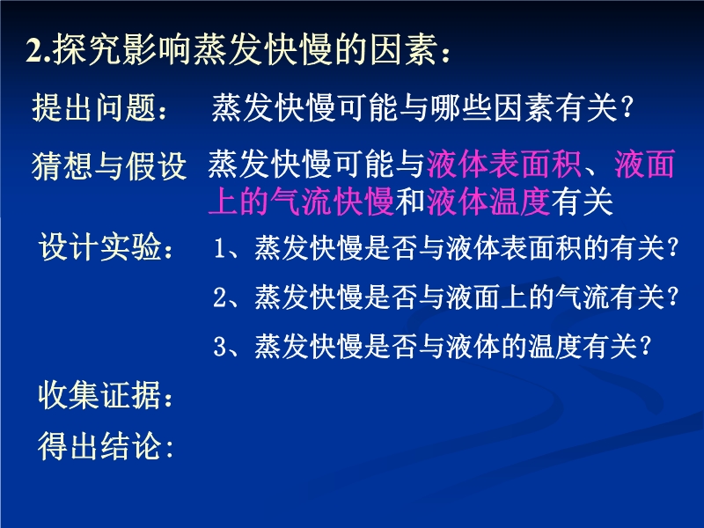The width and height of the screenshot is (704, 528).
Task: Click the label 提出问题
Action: coord(93,107)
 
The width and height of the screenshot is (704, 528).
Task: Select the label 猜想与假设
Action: coord(109,166)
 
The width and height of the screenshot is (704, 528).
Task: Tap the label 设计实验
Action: coord(99,246)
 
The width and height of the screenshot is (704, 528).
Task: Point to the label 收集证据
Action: coord(99,395)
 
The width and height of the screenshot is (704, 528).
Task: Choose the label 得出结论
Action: coord(99,446)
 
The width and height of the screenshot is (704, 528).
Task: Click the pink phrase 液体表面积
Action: coord(503,164)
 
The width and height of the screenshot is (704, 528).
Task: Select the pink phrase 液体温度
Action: coord(488,202)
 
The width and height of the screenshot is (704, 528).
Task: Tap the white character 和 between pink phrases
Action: coord(410,202)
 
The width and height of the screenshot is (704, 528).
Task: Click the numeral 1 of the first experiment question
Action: coord(219,248)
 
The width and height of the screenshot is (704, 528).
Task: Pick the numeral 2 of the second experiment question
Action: coord(219,297)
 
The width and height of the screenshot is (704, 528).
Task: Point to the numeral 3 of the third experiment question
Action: coord(219,347)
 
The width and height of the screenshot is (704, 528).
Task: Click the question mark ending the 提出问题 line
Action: coord(627,108)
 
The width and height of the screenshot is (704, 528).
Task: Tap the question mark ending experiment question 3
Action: coord(645,347)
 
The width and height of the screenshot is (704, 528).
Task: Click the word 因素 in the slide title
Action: coord(404,49)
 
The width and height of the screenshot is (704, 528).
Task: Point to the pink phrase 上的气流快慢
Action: coord(301,202)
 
